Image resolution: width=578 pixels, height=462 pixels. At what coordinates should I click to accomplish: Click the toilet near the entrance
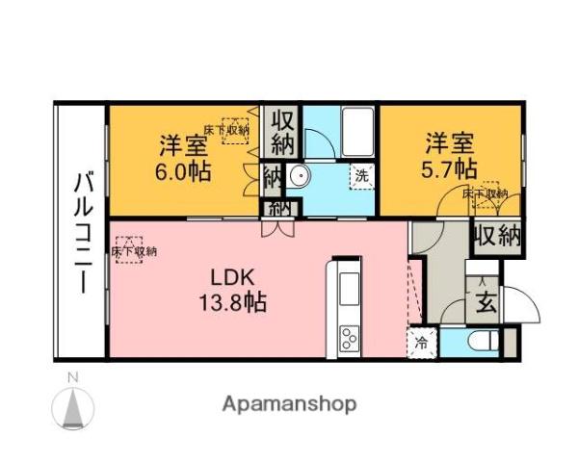point(481,341)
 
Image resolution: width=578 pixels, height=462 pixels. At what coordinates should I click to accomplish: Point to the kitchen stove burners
point(348,338)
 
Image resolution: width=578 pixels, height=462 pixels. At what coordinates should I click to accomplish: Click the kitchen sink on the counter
point(348,286)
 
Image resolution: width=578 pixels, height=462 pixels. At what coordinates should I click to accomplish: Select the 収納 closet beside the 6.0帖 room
point(281,133)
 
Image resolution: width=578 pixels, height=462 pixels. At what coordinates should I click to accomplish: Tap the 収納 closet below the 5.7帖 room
point(497,235)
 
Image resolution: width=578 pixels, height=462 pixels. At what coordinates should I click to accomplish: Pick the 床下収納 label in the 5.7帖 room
point(485,193)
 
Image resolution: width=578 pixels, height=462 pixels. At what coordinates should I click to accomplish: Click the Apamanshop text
point(290,403)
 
